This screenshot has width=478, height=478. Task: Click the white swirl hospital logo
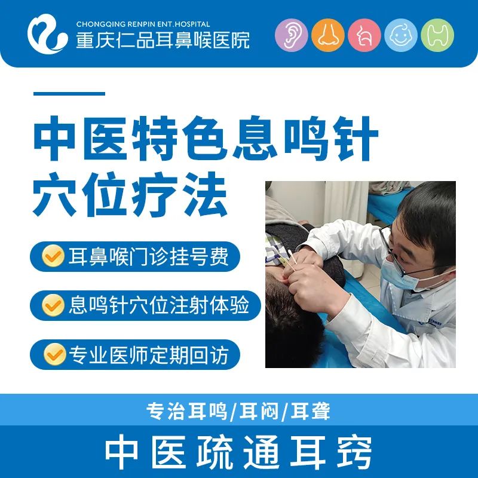[x=47, y=34]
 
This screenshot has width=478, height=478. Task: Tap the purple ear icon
[x=292, y=35]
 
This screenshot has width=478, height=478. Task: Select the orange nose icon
[x=328, y=35]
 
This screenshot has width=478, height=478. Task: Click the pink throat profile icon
[x=364, y=35]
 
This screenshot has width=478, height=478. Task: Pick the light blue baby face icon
[x=401, y=35]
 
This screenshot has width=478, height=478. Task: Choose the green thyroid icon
[x=437, y=35]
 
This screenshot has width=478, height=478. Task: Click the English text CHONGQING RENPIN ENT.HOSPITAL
[x=143, y=24]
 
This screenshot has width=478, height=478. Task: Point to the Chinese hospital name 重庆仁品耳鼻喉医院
[x=163, y=40]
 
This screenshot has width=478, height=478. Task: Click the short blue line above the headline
[x=69, y=94]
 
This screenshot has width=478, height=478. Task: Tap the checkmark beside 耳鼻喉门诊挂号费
[x=53, y=256]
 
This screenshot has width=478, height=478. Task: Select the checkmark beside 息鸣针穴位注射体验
[x=53, y=305]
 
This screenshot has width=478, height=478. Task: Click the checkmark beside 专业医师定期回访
[x=55, y=354]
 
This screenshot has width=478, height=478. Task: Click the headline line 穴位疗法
[x=130, y=194]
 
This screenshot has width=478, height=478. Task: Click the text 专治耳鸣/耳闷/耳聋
[x=238, y=411]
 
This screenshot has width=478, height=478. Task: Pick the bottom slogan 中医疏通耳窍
[x=238, y=452]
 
